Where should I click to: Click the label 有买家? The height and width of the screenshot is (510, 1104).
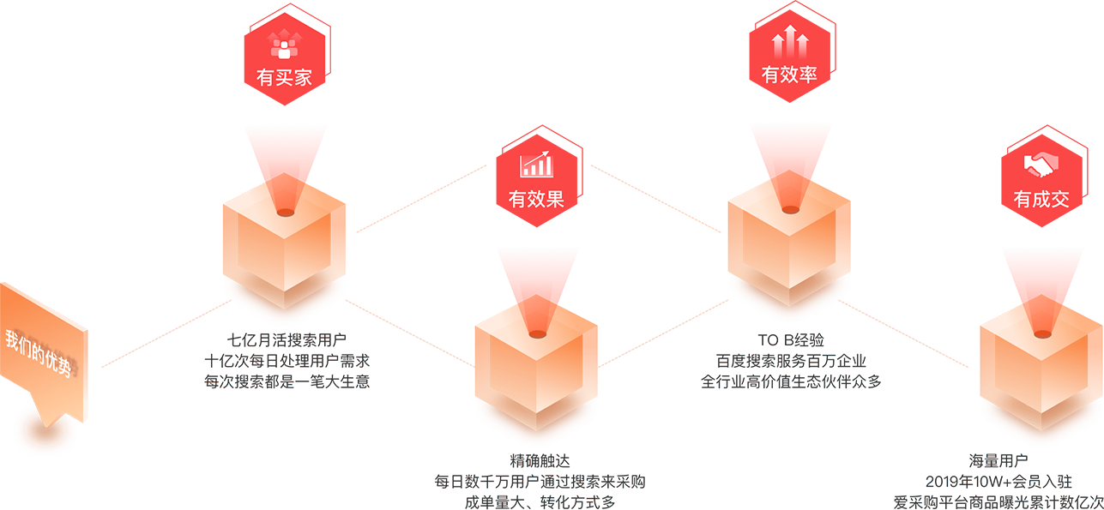284,78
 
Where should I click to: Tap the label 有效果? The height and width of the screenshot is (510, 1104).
536,200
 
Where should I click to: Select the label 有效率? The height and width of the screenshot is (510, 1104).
789,75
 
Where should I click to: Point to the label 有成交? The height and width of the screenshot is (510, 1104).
1041,200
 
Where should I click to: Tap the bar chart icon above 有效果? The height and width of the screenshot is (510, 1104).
536,165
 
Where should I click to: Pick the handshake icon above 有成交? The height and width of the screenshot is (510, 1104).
1041,164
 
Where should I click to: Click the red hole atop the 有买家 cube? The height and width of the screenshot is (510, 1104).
285,210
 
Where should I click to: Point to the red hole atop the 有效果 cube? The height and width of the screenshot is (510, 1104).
537,333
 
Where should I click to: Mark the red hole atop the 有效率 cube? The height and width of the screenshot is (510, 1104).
789,208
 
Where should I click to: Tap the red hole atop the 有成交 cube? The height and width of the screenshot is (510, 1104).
1041,332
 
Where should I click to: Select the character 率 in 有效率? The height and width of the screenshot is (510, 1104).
807,75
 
